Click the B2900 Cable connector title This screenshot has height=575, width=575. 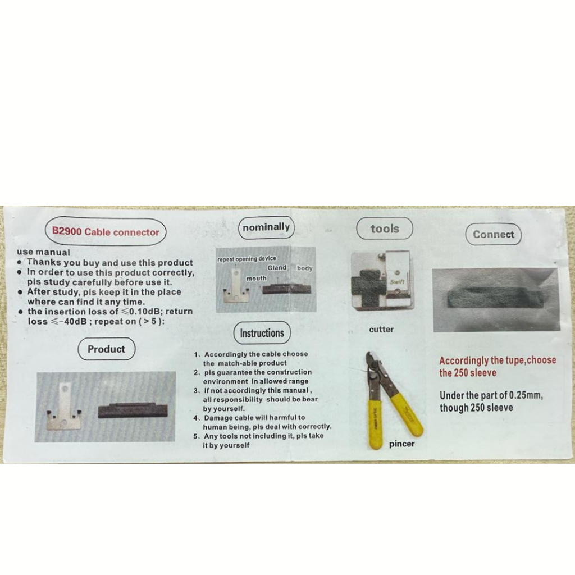coord(106,232)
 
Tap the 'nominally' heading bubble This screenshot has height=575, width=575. coord(266,227)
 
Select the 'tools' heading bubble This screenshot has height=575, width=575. coord(385,229)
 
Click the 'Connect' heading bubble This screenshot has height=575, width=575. coord(493,234)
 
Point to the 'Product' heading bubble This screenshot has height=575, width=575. coord(106,349)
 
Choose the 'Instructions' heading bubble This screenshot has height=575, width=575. coord(262,333)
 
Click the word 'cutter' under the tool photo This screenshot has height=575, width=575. coord(381,329)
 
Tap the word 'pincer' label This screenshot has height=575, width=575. coord(402,444)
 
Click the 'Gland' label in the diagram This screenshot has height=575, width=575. coord(277,268)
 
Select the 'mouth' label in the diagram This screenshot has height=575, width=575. coord(256,279)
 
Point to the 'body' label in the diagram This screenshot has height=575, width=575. coord(305,268)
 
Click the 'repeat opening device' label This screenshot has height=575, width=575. coord(247,259)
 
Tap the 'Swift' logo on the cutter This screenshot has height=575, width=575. coord(397,282)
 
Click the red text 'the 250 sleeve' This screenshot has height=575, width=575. coord(468,373)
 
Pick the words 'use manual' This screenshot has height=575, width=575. coord(43,252)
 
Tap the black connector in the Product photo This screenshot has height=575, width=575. coord(133,410)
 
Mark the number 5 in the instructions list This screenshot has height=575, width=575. coord(196,436)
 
